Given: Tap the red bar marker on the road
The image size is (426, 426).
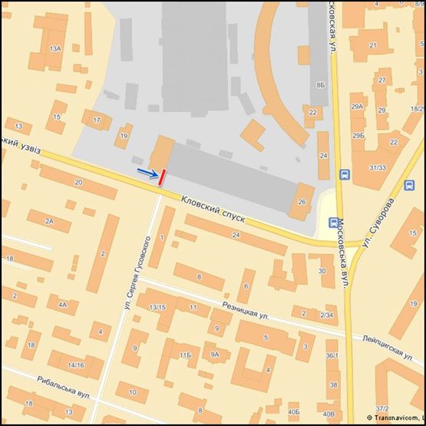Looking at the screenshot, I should coord(160,177).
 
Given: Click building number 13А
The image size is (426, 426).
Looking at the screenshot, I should coord(54,48).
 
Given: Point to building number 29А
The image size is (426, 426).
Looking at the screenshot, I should coord(357,107).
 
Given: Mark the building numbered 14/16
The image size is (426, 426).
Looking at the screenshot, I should coord(76,365).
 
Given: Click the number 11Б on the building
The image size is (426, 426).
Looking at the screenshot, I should coord(185,355).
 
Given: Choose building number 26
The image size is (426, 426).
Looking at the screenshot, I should coord(301,203).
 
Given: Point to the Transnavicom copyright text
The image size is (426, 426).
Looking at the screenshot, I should coord(395,417).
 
